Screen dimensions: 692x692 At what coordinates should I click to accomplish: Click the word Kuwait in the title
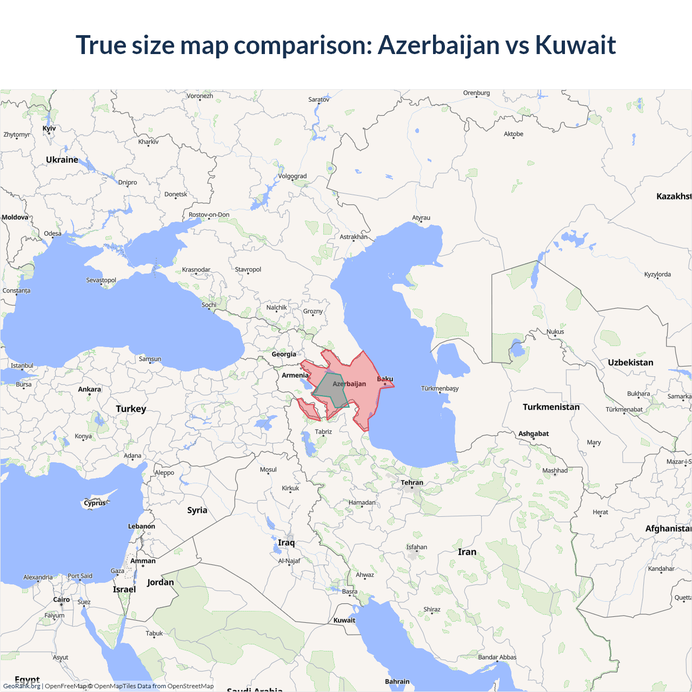[x=575, y=45]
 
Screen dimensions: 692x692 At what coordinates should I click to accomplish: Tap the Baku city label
[x=385, y=379]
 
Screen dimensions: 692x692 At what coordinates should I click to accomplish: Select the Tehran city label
[x=412, y=482]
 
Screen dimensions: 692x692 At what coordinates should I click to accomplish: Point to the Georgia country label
[x=284, y=354]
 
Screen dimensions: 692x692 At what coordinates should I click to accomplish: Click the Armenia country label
[x=295, y=375]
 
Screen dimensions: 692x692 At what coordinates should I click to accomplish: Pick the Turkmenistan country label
[x=551, y=407]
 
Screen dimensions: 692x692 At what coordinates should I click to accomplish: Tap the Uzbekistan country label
[x=630, y=363]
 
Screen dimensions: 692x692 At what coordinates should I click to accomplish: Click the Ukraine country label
[x=62, y=160]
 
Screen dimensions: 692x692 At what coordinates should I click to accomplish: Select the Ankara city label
[x=90, y=389]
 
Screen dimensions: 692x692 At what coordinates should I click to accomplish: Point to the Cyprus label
[x=95, y=503]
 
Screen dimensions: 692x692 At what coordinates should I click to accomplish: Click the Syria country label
[x=197, y=510]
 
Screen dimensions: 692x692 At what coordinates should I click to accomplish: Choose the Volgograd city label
[x=292, y=176]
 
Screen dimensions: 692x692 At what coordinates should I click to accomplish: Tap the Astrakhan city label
[x=354, y=237]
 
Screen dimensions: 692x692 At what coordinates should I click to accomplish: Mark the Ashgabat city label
[x=534, y=434]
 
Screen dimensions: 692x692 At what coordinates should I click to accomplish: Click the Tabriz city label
[x=323, y=431]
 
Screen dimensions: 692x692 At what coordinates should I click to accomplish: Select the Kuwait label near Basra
[x=344, y=620]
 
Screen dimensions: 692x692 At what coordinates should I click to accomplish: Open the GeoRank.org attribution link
[x=22, y=686]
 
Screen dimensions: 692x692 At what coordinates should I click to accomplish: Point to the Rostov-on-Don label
[x=209, y=215]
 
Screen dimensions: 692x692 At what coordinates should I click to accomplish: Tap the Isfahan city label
[x=417, y=547]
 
